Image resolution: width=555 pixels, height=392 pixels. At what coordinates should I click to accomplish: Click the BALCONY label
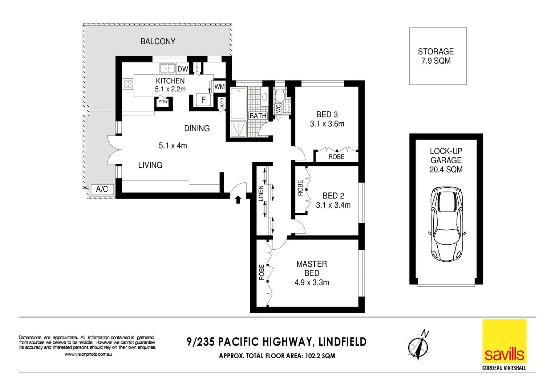click(x=158, y=41)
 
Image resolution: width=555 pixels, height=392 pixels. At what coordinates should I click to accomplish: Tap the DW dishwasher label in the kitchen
click(x=183, y=69)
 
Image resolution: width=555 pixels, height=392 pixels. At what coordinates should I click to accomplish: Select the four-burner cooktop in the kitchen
click(x=127, y=84)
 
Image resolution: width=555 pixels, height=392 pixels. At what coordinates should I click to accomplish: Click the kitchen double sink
click(x=167, y=68)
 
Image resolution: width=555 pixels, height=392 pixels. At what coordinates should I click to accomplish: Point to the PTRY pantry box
click(x=163, y=102)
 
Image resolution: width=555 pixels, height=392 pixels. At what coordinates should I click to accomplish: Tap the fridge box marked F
click(x=203, y=100)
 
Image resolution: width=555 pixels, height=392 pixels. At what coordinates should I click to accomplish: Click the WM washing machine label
click(x=219, y=87)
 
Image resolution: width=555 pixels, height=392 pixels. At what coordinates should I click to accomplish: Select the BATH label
click(x=258, y=116)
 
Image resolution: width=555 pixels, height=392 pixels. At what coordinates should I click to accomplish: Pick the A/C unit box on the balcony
click(x=102, y=189)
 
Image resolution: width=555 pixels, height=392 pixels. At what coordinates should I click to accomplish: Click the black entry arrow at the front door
click(x=238, y=199)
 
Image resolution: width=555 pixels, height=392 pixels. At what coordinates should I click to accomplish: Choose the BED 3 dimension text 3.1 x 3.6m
click(x=327, y=124)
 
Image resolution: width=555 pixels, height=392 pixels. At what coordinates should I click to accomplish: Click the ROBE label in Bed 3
click(x=336, y=157)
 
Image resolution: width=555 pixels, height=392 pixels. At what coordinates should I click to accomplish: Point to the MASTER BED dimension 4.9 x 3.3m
click(x=312, y=282)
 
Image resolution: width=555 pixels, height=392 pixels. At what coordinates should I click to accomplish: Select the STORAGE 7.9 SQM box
click(x=438, y=56)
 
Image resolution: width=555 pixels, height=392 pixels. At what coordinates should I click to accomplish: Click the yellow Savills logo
click(x=504, y=341)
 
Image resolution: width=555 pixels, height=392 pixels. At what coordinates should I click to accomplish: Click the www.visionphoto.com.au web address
click(x=88, y=354)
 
